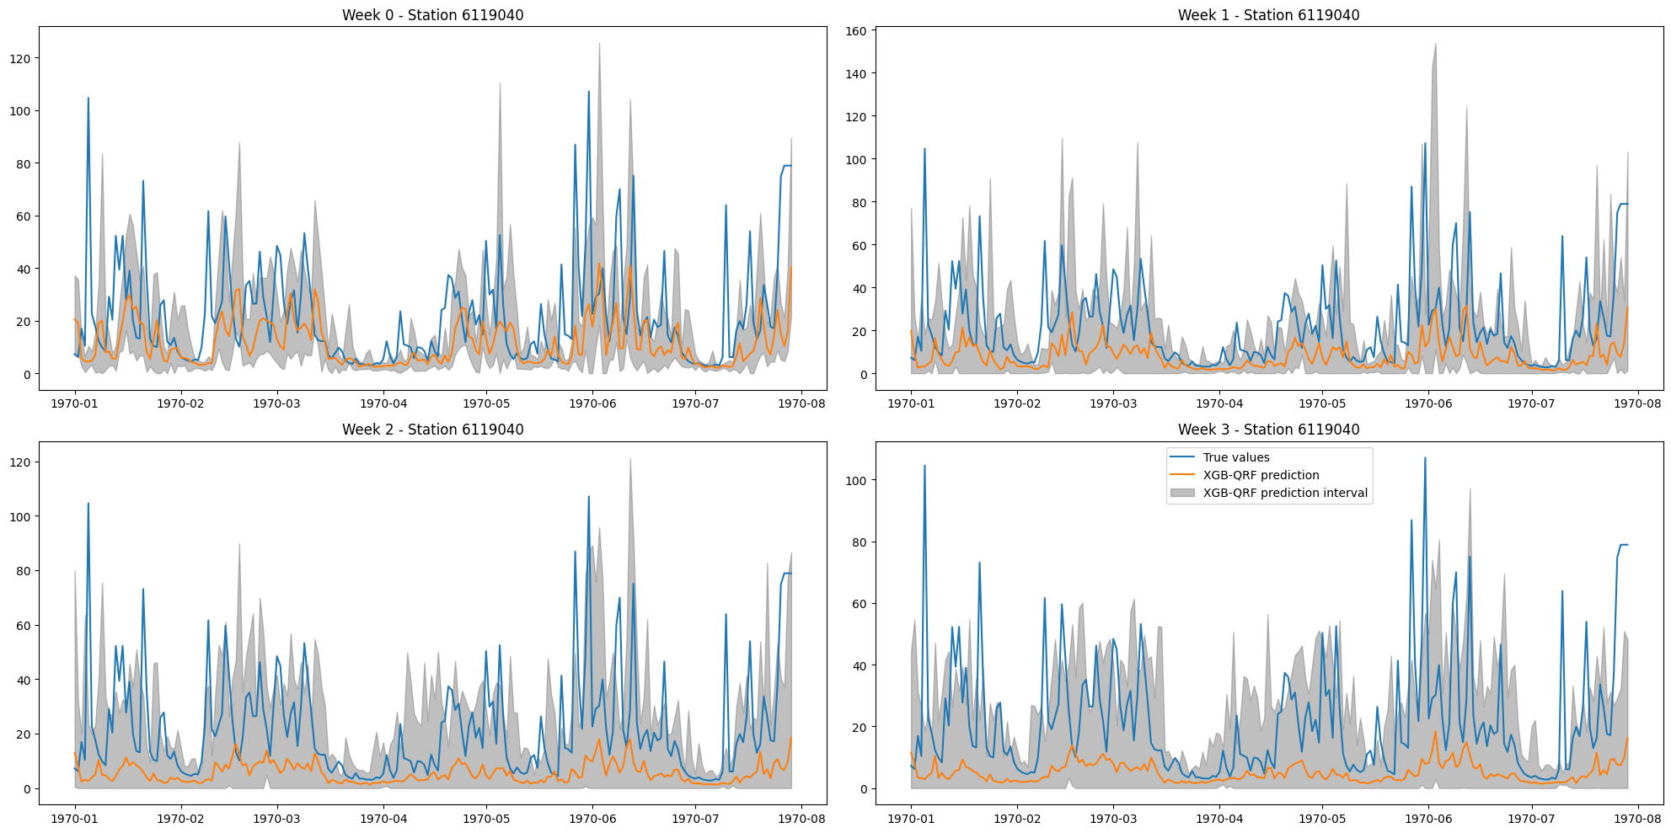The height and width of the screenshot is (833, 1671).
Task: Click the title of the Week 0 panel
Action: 432,15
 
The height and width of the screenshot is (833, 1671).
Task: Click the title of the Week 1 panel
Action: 1268,15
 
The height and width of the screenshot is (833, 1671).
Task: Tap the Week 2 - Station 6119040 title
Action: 432,430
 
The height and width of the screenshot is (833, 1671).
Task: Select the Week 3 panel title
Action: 1268,430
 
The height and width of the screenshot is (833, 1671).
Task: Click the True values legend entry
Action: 1235,457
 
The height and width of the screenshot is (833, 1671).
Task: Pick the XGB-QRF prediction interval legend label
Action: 1284,493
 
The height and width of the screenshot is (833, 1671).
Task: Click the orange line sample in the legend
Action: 1183,475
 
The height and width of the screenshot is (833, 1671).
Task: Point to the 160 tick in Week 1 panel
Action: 855,31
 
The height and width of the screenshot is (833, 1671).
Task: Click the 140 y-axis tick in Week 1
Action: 855,74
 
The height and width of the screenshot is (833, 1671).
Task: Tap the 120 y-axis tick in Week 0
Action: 19,59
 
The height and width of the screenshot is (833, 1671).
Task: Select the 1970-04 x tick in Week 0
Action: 384,403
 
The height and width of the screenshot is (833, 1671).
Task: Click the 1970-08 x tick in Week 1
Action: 1637,403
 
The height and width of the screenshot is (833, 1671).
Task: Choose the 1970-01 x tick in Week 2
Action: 75,818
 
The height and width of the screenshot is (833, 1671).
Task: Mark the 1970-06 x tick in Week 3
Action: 1428,818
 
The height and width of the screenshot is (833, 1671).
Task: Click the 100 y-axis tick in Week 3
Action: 855,481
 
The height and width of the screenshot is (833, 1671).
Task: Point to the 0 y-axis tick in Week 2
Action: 27,789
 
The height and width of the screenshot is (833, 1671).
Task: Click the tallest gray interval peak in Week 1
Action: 1435,45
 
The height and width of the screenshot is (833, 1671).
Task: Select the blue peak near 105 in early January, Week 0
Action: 88,99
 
